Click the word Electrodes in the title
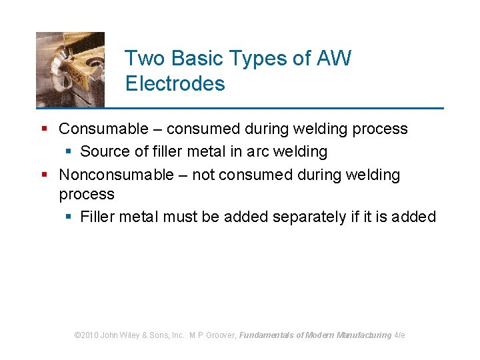[x=175, y=84]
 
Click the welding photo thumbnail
[x=70, y=69]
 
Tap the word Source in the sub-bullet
[x=103, y=151]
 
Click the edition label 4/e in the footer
[x=399, y=335]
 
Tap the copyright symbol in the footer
[x=77, y=335]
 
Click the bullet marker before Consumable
[x=45, y=129]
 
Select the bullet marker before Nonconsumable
[x=45, y=175]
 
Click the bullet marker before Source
[x=69, y=151]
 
